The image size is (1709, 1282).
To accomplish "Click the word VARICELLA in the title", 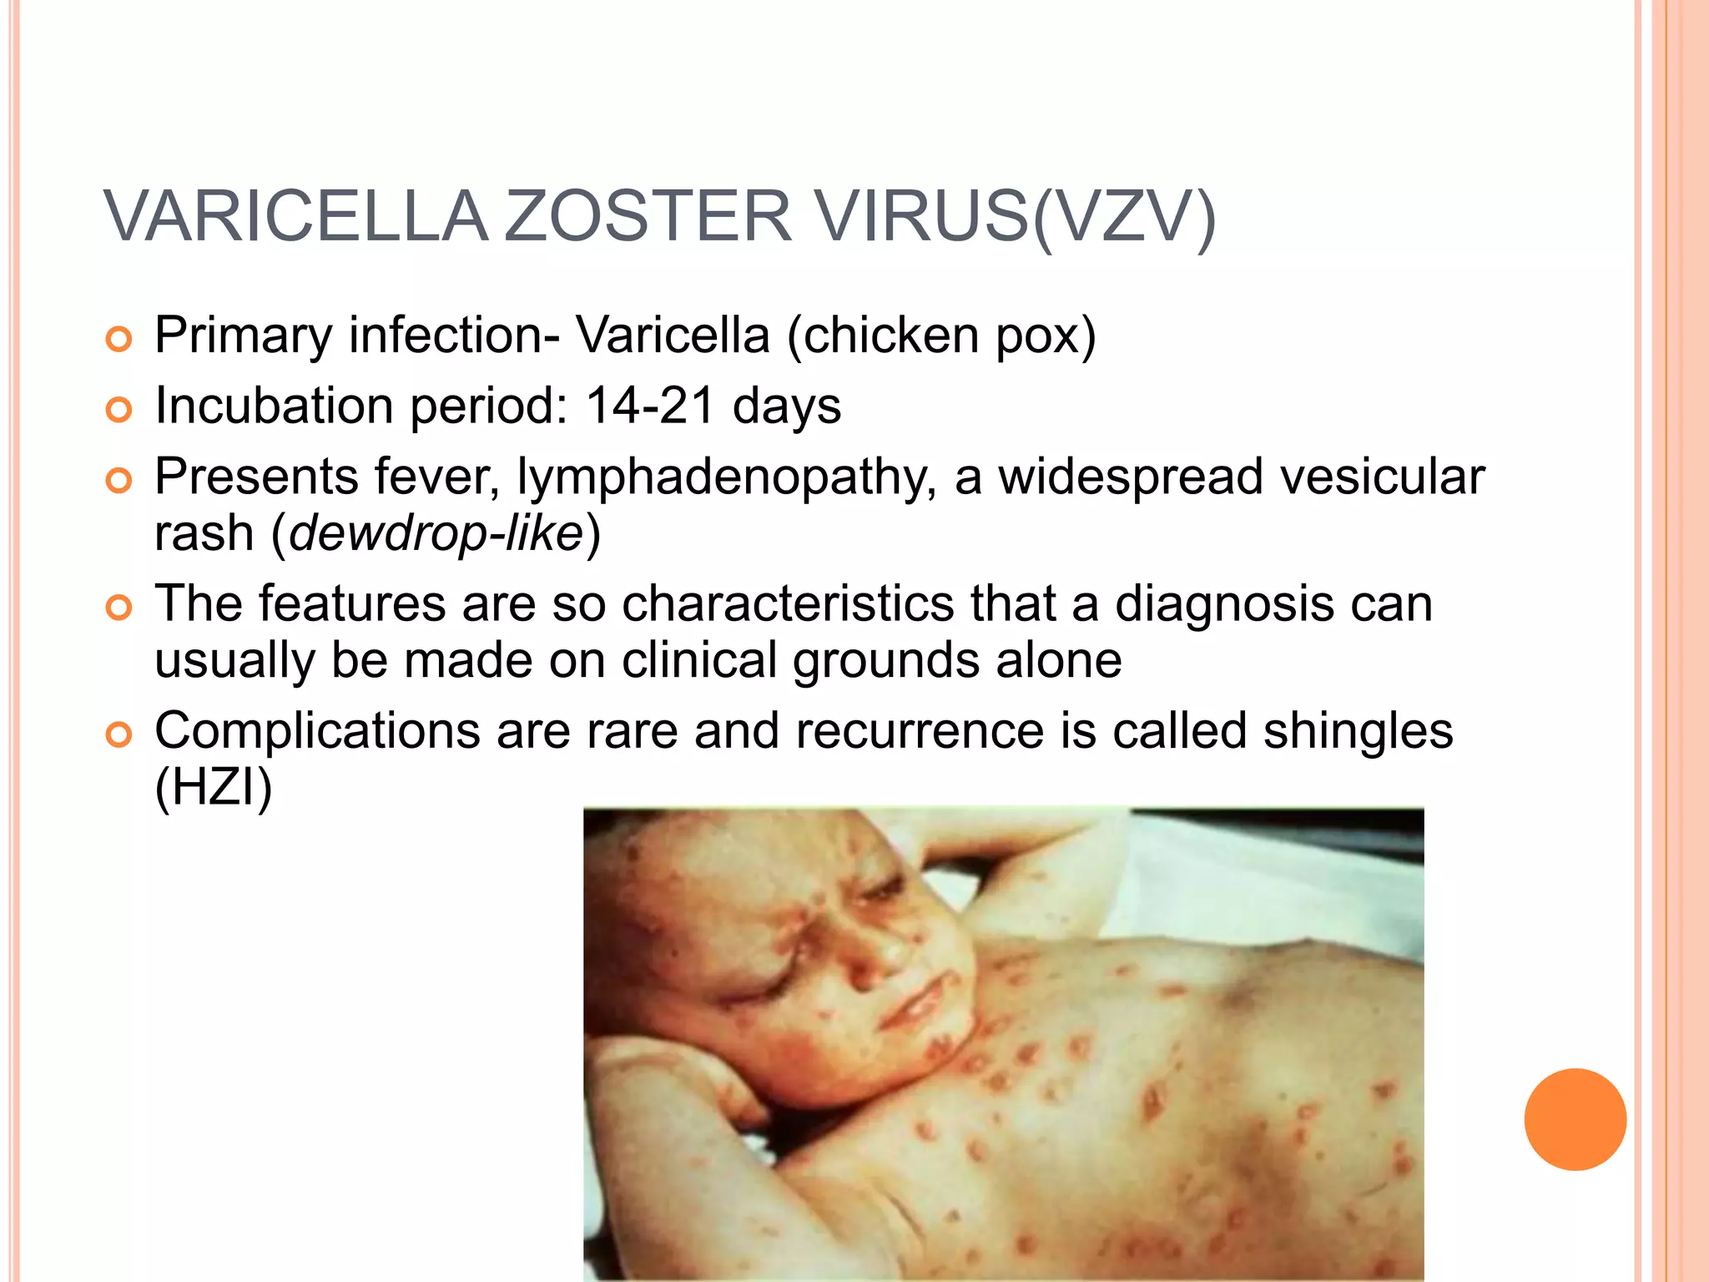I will pyautogui.click(x=296, y=217).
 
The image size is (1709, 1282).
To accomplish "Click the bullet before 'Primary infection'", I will pyautogui.click(x=119, y=340).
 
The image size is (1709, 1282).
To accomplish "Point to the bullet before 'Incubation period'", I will pyautogui.click(x=119, y=411).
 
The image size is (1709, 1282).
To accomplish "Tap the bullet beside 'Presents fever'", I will pyautogui.click(x=119, y=482).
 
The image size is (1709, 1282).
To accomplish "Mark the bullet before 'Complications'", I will pyautogui.click(x=119, y=735).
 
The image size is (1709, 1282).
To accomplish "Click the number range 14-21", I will pyautogui.click(x=650, y=406).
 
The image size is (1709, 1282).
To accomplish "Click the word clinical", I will pyautogui.click(x=699, y=660).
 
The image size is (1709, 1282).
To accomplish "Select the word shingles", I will pyautogui.click(x=1358, y=731).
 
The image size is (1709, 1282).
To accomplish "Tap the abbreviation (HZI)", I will pyautogui.click(x=214, y=787).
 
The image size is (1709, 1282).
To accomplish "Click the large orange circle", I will pyautogui.click(x=1575, y=1119).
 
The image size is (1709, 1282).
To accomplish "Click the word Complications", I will pyautogui.click(x=317, y=732).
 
